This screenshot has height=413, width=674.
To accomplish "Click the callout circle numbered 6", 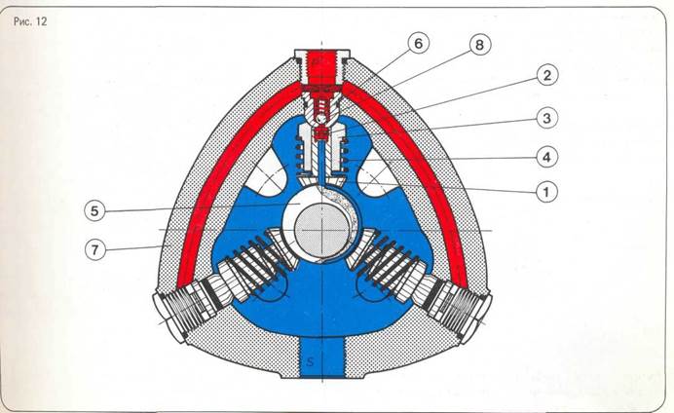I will (416, 45).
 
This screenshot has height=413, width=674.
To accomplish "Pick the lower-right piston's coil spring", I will (393, 264).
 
